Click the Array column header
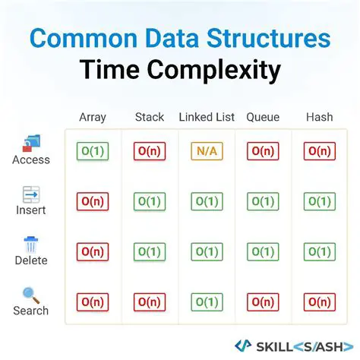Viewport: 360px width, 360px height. (93, 117)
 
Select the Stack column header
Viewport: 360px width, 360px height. (149, 117)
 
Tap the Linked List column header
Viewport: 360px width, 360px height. (207, 117)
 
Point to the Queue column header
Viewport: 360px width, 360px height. (263, 117)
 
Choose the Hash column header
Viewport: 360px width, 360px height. (319, 117)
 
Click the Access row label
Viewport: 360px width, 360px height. (31, 160)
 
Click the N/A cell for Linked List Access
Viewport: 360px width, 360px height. (207, 151)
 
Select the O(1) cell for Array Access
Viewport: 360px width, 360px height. (93, 151)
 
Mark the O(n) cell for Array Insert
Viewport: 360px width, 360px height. (93, 201)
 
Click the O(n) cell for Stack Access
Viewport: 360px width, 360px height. (149, 151)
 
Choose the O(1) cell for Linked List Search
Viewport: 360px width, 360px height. (207, 302)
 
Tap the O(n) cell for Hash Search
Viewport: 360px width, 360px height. (319, 302)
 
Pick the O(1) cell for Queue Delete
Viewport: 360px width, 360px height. (263, 251)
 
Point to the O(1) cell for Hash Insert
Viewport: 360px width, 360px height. (319, 201)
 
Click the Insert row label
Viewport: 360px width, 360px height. (31, 210)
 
